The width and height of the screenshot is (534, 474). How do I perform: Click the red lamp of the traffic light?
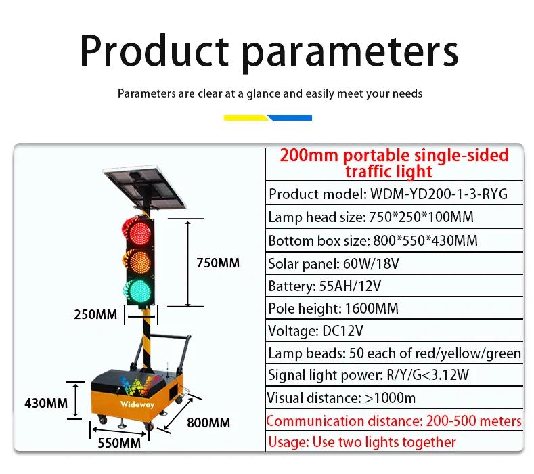pyautogui.click(x=139, y=232)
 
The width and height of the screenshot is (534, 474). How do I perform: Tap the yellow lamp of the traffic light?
pyautogui.click(x=139, y=261)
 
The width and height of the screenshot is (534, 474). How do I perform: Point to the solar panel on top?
pyautogui.click(x=145, y=187)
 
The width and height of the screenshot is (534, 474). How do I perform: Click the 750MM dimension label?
pyautogui.click(x=218, y=263)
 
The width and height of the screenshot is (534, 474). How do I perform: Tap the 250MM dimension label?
pyautogui.click(x=95, y=314)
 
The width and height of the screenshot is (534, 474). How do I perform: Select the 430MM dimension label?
pyautogui.click(x=46, y=403)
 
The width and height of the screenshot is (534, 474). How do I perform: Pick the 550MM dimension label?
pyautogui.click(x=119, y=443)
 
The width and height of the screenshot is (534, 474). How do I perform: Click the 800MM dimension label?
pyautogui.click(x=208, y=423)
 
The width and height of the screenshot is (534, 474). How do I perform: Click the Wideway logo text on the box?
pyautogui.click(x=137, y=404)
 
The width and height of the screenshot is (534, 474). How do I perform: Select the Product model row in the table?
pyautogui.click(x=388, y=194)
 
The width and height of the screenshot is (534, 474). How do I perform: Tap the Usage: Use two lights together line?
pyautogui.click(x=361, y=442)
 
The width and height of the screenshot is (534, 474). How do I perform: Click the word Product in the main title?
pyautogui.click(x=154, y=50)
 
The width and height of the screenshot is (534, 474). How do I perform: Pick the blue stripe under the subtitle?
pyautogui.click(x=290, y=118)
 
